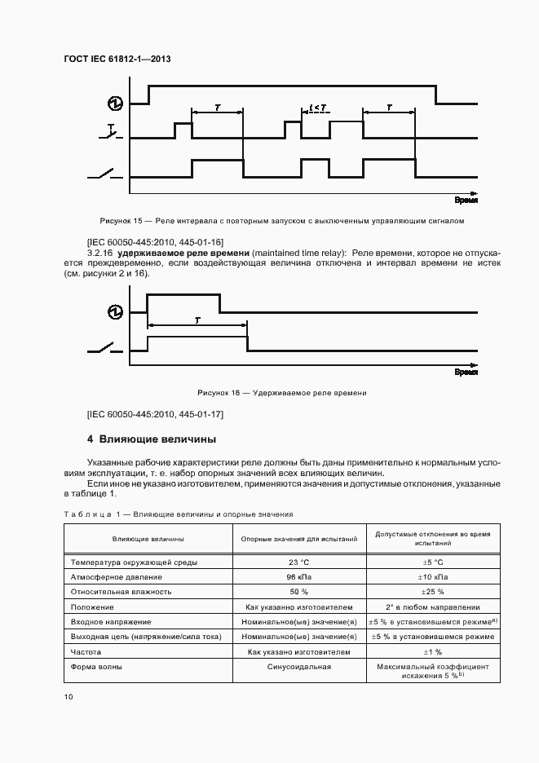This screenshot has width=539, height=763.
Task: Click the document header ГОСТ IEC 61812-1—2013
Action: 116,60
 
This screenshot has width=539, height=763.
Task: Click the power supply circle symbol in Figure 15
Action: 115,103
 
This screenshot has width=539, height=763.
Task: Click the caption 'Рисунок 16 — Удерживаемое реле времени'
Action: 276,393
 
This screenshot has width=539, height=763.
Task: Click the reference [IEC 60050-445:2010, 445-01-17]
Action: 155,414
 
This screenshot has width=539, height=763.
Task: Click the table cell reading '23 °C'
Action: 298,562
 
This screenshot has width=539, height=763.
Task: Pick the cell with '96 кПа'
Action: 298,576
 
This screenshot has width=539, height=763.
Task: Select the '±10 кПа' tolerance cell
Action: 431,576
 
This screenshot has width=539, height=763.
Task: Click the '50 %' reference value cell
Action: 298,592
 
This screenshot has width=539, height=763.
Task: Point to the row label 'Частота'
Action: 87,652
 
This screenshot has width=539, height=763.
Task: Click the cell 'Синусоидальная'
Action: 298,667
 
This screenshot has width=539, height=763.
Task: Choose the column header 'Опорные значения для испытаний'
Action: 298,539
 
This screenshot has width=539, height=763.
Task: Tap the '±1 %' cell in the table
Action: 431,652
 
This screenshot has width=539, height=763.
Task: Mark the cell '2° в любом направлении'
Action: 431,606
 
